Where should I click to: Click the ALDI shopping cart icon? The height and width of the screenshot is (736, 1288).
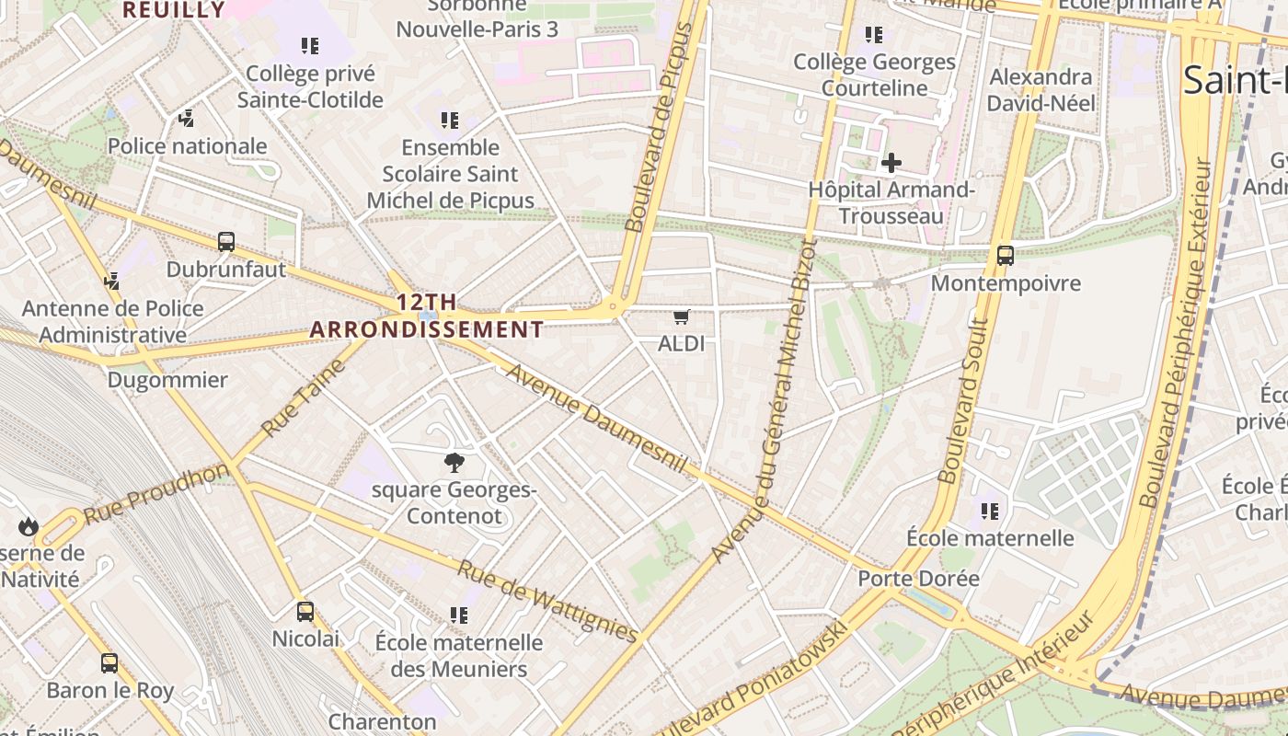pyautogui.click(x=681, y=317)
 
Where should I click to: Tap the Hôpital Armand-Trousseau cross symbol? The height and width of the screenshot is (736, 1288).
pyautogui.click(x=891, y=164)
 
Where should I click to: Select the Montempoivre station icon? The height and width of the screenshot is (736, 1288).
pyautogui.click(x=1005, y=256)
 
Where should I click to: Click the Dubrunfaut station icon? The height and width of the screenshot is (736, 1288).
pyautogui.click(x=226, y=242)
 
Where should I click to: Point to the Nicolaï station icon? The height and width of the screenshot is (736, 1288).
pyautogui.click(x=305, y=611)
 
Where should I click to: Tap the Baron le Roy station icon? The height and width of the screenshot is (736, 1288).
pyautogui.click(x=109, y=662)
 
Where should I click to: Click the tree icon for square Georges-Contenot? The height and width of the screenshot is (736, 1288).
pyautogui.click(x=454, y=462)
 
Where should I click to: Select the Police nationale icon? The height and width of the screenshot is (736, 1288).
pyautogui.click(x=187, y=118)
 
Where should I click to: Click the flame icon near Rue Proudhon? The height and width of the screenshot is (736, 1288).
pyautogui.click(x=28, y=526)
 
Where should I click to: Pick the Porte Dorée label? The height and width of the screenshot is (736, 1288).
pyautogui.click(x=918, y=579)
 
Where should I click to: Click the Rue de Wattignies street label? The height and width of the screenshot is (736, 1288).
pyautogui.click(x=547, y=602)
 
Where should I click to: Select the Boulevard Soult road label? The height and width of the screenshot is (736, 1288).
pyautogui.click(x=962, y=401)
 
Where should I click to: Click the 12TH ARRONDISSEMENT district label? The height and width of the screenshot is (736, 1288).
pyautogui.click(x=427, y=316)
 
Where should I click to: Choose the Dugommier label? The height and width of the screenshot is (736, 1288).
pyautogui.click(x=167, y=380)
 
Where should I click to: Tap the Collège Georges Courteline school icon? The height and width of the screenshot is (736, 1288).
pyautogui.click(x=873, y=35)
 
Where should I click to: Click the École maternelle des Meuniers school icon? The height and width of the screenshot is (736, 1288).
pyautogui.click(x=458, y=615)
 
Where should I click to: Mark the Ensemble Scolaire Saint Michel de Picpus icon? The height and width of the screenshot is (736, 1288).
pyautogui.click(x=449, y=120)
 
